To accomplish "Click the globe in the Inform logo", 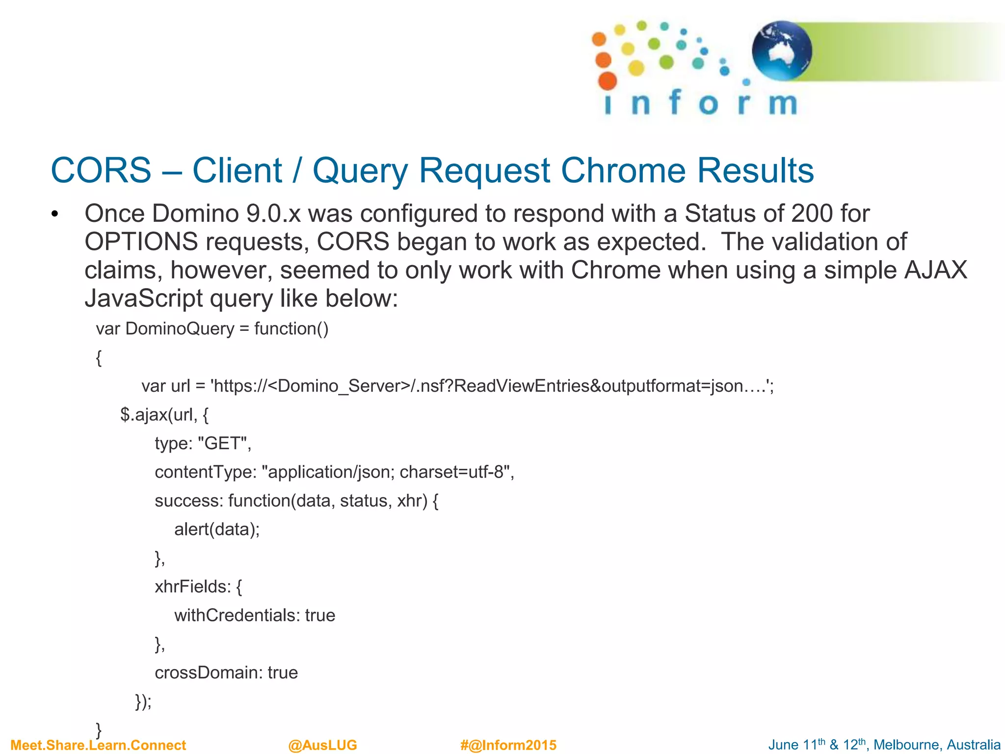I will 781,51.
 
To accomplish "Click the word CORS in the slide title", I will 101,171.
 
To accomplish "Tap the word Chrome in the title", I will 623,171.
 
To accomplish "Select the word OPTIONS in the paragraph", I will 141,242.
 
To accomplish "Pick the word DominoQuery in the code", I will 180,328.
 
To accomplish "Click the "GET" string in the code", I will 224,443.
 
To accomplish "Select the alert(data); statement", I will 217,529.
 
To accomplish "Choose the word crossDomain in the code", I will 209,673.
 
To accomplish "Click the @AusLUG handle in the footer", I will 322,745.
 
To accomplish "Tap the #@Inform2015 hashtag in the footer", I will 508,745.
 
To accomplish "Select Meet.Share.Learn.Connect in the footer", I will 98,745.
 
